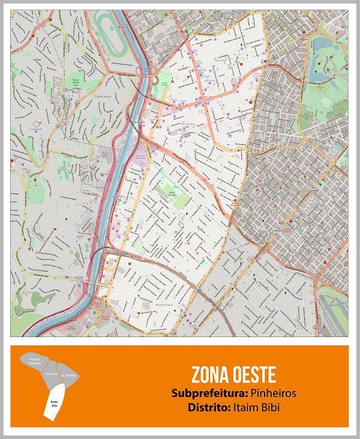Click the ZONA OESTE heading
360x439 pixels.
pyautogui.click(x=233, y=375)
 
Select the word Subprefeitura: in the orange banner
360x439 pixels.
pyautogui.click(x=208, y=394)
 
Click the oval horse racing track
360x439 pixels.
pyautogui.click(x=110, y=30)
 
